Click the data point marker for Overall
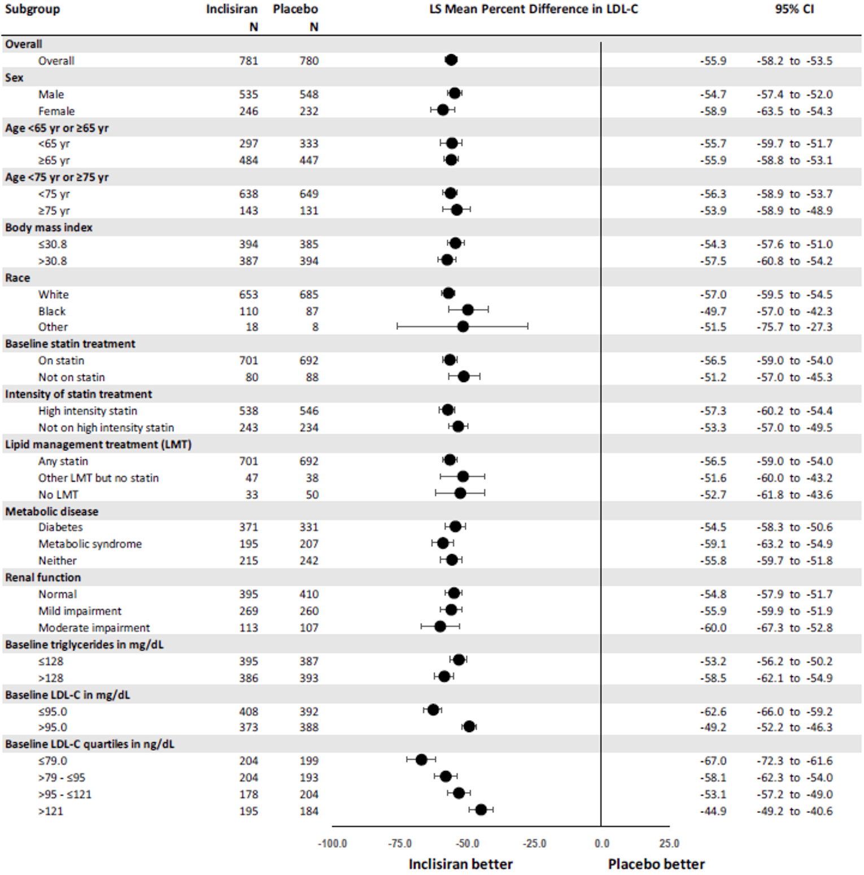[x=451, y=60]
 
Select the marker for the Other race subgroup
[x=462, y=327]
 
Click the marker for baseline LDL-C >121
[x=481, y=810]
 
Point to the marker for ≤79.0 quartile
[x=421, y=760]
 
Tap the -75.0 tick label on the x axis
[x=399, y=843]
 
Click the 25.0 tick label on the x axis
[x=669, y=843]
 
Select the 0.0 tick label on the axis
[x=601, y=843]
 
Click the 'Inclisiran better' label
[x=460, y=864]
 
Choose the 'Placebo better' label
[x=656, y=864]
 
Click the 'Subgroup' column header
[x=32, y=9]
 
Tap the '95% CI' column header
[x=794, y=9]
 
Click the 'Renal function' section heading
[x=43, y=577]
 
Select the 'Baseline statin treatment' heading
[x=70, y=343]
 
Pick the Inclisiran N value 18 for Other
[x=252, y=327]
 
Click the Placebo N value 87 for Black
[x=312, y=311]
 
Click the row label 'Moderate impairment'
[x=94, y=628]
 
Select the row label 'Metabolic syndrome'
[x=90, y=544]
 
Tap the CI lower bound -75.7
[x=770, y=327]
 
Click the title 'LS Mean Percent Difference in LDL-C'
[x=533, y=9]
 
